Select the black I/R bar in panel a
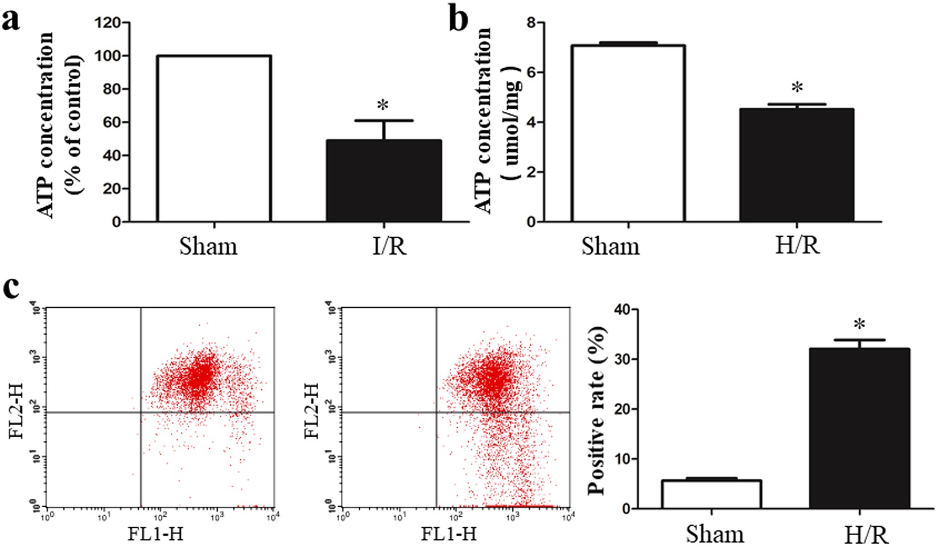tap(384, 181)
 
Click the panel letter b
tap(458, 18)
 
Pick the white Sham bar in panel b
tap(628, 133)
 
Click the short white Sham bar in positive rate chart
tap(711, 494)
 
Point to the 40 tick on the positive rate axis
tap(623, 310)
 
